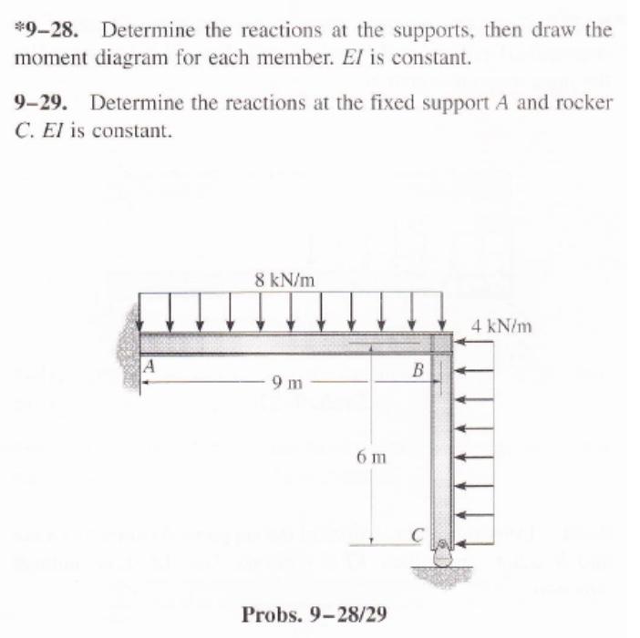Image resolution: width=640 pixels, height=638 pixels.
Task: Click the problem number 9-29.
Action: click(x=42, y=102)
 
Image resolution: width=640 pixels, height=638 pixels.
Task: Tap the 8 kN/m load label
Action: click(x=286, y=280)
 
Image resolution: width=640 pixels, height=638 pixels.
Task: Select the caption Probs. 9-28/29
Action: click(x=314, y=615)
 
